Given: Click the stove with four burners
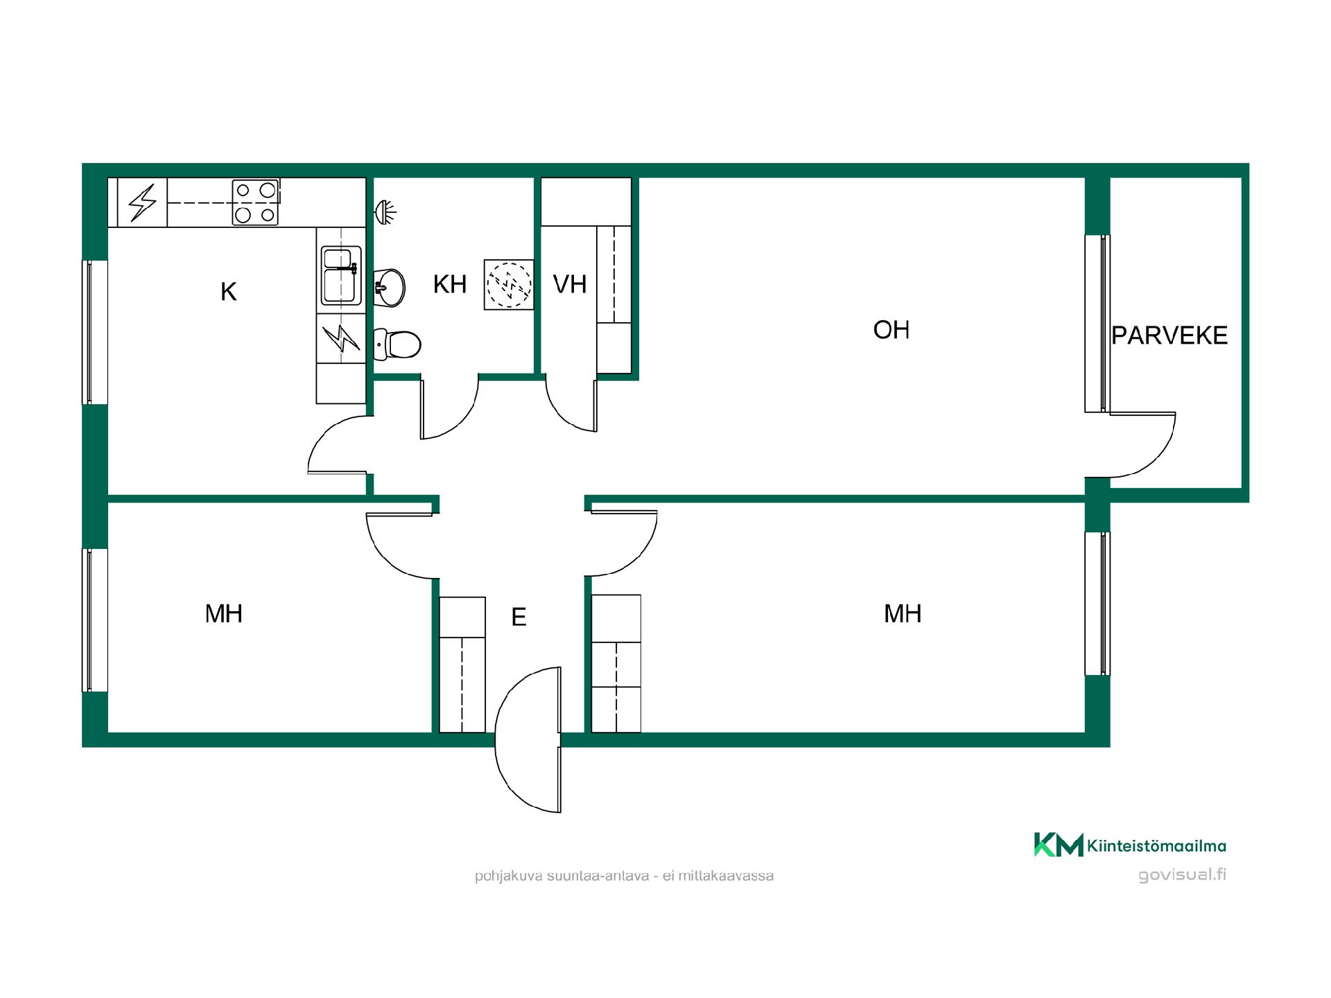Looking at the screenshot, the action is pos(256,202).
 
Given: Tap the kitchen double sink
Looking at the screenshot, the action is pos(340,276).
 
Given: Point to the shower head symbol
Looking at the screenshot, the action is pos(385,210).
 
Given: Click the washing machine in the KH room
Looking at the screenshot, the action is pos(509,284).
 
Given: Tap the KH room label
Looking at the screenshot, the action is pos(450,284).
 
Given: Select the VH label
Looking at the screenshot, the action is pos(570,284).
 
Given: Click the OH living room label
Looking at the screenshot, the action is pos(891,330).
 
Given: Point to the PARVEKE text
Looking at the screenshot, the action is pos(1169,335).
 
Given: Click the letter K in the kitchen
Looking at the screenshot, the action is pos(229,292).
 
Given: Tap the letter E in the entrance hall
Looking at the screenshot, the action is pos(519,617).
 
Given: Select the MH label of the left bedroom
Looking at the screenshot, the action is pos(224,613).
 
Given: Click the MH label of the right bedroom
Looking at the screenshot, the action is pos(903,613).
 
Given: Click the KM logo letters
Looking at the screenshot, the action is pos(1059,845).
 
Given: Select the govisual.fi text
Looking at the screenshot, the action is pos(1182,875).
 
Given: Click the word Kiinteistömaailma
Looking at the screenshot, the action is pos(1157,846).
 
